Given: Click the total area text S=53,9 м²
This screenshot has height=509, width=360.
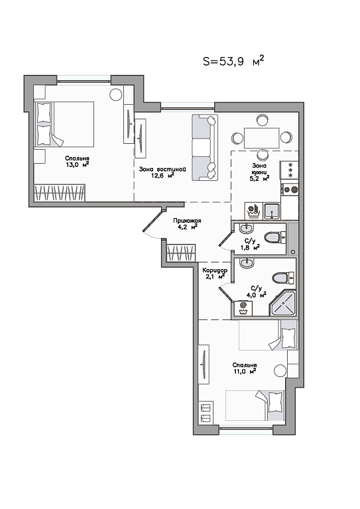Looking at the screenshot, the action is (x=233, y=61).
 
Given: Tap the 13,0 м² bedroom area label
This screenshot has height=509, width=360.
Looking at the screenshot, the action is (x=77, y=165).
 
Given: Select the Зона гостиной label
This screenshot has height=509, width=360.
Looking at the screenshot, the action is (x=162, y=169).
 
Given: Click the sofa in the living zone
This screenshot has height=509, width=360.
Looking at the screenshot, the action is (x=205, y=147).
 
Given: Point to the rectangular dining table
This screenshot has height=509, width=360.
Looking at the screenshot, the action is (x=262, y=138).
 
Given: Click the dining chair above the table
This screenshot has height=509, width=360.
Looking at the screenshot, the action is (x=262, y=120).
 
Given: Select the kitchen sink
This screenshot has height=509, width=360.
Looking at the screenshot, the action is (x=271, y=211).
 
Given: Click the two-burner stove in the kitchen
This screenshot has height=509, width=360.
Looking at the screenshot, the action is (x=290, y=190).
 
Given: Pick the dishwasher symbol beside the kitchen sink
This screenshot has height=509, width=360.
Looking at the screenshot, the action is (x=253, y=211).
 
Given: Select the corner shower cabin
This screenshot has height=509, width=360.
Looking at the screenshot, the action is (x=282, y=304).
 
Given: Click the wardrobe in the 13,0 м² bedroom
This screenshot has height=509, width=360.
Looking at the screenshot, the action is (x=60, y=193).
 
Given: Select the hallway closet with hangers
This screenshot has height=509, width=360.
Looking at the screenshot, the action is (x=181, y=253).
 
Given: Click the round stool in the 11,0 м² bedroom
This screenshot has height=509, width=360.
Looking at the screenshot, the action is (x=280, y=370).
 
